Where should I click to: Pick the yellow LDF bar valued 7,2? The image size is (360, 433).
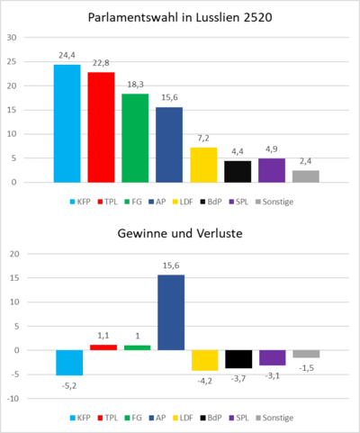[203, 165]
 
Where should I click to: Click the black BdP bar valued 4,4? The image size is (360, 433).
[238, 171]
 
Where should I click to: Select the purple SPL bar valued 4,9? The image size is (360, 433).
[272, 170]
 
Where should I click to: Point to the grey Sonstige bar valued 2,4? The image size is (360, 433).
[306, 176]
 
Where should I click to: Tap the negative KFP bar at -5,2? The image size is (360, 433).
[67, 362]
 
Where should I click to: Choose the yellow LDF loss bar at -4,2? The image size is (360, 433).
[203, 360]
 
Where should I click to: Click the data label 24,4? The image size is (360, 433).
[67, 55]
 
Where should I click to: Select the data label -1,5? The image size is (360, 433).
[306, 366]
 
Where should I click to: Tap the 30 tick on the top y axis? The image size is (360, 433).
[12, 39]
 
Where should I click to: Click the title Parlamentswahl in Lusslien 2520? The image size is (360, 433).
[180, 17]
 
